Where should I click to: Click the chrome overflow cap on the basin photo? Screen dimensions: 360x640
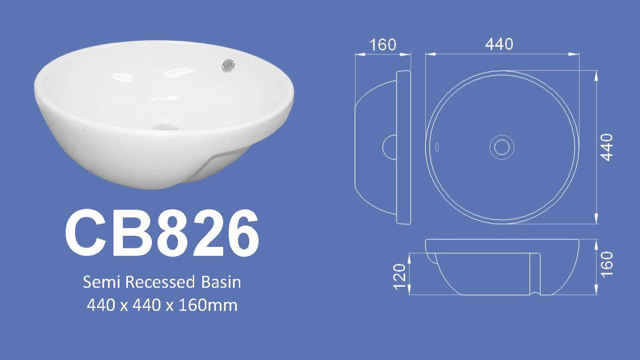228,66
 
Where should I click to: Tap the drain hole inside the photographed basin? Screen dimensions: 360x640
165,127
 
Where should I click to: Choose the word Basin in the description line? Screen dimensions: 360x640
221,282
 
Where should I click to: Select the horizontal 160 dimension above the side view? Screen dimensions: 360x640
382,44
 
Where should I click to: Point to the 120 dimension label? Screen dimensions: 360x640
399,277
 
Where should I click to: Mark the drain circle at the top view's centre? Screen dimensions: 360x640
502,147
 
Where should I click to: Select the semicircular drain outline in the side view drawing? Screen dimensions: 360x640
389,147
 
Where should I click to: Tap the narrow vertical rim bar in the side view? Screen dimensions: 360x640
404,147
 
